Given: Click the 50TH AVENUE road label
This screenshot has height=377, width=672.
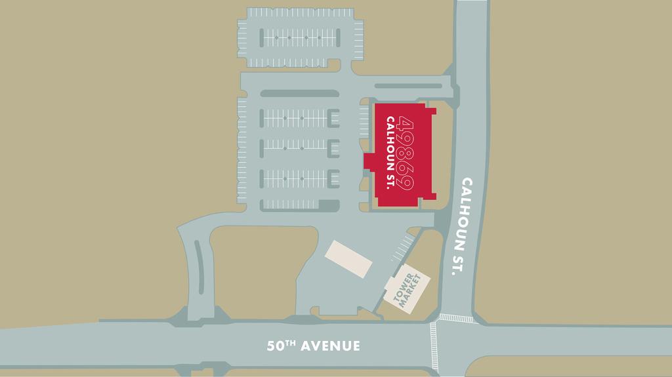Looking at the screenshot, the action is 314,346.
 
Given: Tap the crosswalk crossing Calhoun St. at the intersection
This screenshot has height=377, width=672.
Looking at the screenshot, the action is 455,318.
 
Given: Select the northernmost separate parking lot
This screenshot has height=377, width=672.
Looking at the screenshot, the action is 300,38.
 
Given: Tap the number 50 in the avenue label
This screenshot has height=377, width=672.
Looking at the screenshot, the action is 275,346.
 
